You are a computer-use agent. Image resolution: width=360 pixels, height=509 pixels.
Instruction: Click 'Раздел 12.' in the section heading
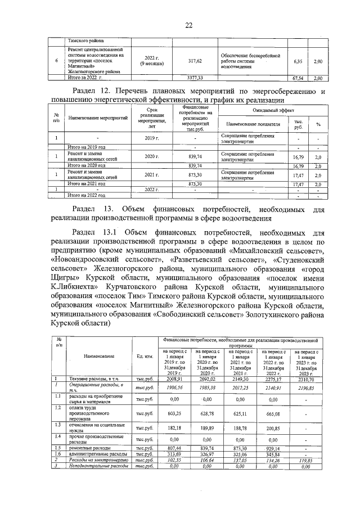point(95,91)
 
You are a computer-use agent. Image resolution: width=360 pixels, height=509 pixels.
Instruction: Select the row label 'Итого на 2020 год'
point(87,166)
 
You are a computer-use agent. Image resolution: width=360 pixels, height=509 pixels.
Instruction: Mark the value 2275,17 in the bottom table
point(272,380)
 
